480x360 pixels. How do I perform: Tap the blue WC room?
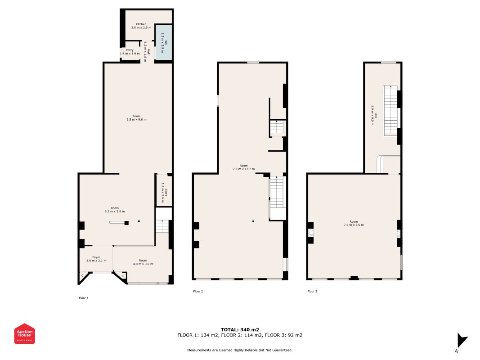[x=163, y=43]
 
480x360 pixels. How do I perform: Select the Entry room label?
[x=130, y=50]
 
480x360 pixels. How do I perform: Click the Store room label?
[x=166, y=193]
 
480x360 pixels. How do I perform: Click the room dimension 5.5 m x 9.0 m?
[x=137, y=120]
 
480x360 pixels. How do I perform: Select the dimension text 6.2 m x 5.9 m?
[x=115, y=211]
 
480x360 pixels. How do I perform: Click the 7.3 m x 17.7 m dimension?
[x=243, y=169]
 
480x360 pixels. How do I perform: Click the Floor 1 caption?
[x=84, y=298]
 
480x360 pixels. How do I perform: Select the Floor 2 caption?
[x=198, y=292]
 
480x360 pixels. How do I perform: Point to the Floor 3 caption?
[x=312, y=292]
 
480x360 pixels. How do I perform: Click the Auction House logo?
[x=25, y=333]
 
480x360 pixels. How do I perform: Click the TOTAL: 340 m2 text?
[x=240, y=329]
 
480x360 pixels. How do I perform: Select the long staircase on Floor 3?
[x=390, y=111]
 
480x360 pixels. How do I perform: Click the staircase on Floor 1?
[x=161, y=226]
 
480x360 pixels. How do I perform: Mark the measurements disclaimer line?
[x=240, y=350]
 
